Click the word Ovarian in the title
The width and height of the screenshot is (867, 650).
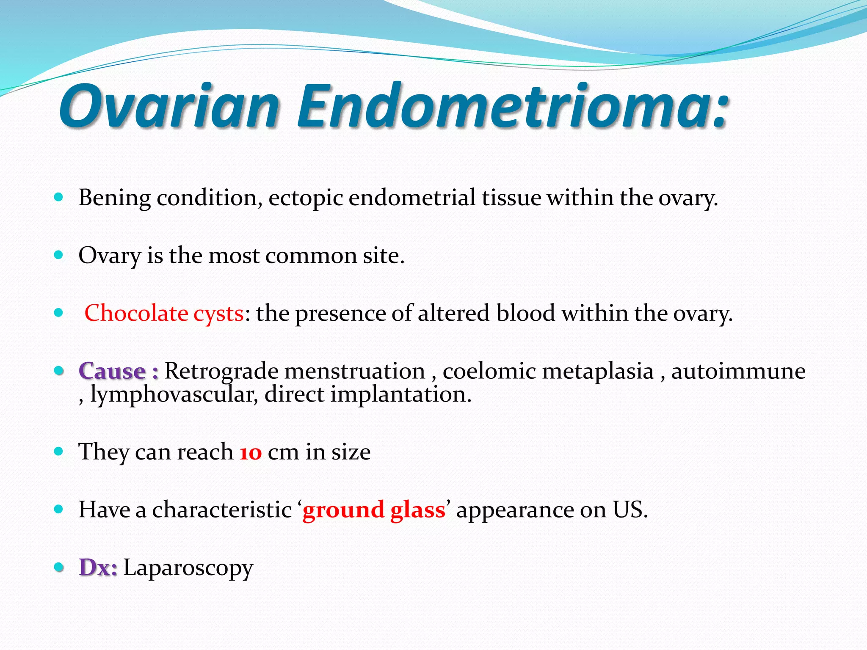(x=169, y=106)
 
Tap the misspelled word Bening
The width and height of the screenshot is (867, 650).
(x=114, y=198)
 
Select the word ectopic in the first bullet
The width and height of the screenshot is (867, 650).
(x=305, y=198)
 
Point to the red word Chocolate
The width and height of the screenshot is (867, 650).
(x=136, y=314)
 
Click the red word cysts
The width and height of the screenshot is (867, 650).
(x=218, y=314)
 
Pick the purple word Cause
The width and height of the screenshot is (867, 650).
(x=112, y=372)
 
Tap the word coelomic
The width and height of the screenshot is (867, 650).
(x=489, y=372)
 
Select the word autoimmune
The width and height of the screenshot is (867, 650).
(x=738, y=372)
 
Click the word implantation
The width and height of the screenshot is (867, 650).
(x=400, y=394)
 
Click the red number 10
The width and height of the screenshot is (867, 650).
(x=251, y=452)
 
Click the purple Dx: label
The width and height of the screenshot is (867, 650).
(x=98, y=568)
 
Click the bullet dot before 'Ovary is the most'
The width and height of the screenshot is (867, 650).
(x=59, y=255)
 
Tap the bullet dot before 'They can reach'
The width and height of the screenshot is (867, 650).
(x=59, y=452)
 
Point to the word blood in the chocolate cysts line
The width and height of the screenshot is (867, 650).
(x=525, y=314)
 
